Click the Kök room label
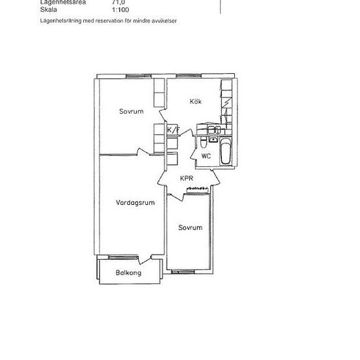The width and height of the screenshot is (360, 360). click(195, 101)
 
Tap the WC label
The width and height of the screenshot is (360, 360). click(206, 156)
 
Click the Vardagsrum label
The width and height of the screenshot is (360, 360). click(134, 202)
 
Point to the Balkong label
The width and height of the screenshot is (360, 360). click(128, 273)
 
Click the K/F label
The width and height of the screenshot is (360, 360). click(173, 130)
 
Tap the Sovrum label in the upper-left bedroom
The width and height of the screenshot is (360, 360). click(131, 111)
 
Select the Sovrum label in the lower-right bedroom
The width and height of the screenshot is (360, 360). click(190, 227)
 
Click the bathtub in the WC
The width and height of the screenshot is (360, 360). click(226, 153)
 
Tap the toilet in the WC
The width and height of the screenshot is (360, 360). click(205, 141)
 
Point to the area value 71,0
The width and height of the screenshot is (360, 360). click(118, 3)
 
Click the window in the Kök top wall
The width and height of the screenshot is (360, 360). click(194, 78)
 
